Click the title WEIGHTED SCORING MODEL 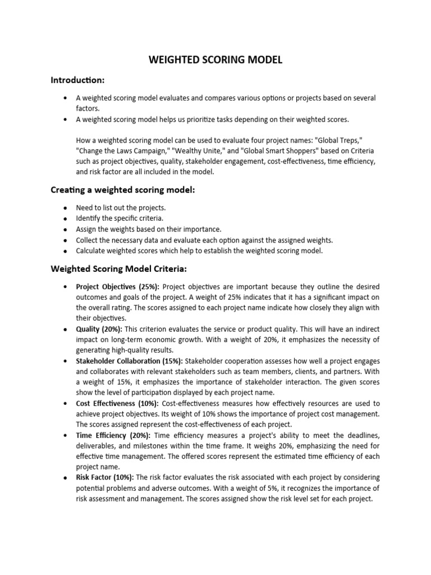coord(215,60)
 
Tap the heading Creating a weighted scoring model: coord(123,190)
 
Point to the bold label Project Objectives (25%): coord(117,287)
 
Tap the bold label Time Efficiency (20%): coord(113,435)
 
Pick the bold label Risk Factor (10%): coord(105,477)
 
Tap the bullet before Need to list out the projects coord(66,208)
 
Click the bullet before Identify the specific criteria coord(66,218)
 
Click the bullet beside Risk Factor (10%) coord(66,477)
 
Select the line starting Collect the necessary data coord(204,240)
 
